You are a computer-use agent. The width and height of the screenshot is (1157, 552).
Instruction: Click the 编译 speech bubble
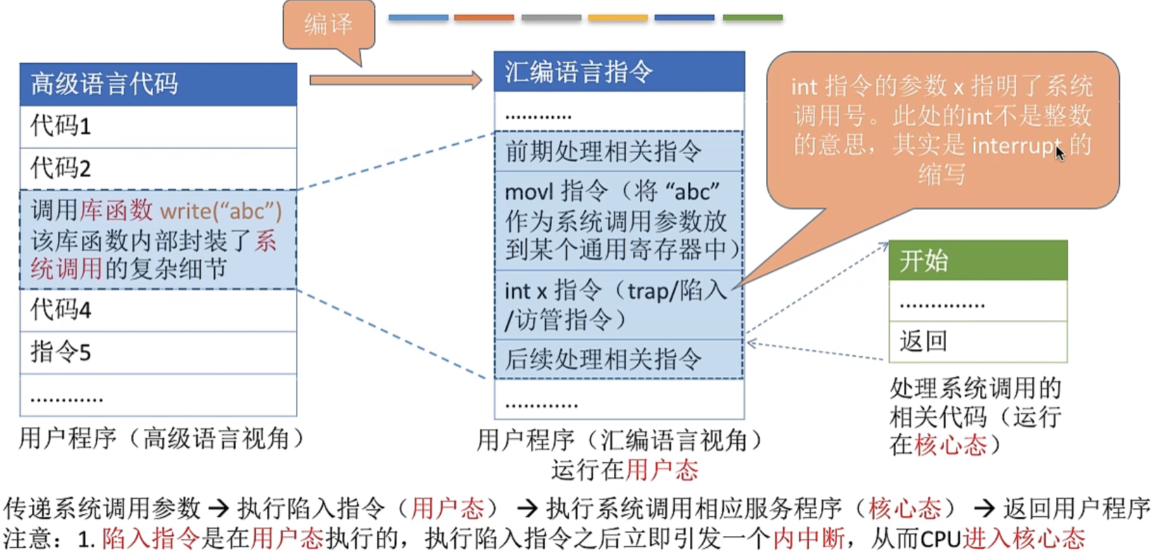click(328, 25)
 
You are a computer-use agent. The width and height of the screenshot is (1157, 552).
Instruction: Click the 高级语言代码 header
click(158, 84)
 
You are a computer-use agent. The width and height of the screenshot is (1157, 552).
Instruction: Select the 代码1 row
click(158, 126)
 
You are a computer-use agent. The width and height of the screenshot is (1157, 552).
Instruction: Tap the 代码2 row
click(158, 169)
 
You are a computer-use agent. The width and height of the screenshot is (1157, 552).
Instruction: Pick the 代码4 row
click(158, 310)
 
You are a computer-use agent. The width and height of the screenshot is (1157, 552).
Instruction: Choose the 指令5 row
click(158, 352)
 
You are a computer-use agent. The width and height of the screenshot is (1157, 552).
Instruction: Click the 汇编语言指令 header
click(619, 71)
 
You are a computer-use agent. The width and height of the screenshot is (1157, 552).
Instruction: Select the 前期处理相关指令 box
click(619, 151)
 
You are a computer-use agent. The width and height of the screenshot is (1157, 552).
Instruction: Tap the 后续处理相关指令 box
click(619, 359)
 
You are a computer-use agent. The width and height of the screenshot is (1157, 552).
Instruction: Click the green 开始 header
click(977, 261)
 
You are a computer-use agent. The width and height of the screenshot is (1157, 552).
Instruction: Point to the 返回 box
click(977, 341)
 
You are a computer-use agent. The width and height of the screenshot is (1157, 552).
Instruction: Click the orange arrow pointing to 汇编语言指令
click(395, 80)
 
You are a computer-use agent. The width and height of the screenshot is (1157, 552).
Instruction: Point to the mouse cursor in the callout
click(1060, 153)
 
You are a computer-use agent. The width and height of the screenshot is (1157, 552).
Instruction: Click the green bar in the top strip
click(752, 18)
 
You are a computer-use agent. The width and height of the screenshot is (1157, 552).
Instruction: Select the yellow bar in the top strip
click(618, 18)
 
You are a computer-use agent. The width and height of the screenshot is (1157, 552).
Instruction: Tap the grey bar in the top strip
click(551, 18)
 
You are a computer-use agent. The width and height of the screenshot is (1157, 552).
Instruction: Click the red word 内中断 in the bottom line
click(809, 538)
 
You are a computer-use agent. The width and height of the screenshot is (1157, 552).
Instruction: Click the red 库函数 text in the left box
click(117, 211)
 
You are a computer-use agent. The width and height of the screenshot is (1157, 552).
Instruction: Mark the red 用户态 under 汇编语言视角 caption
click(661, 470)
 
